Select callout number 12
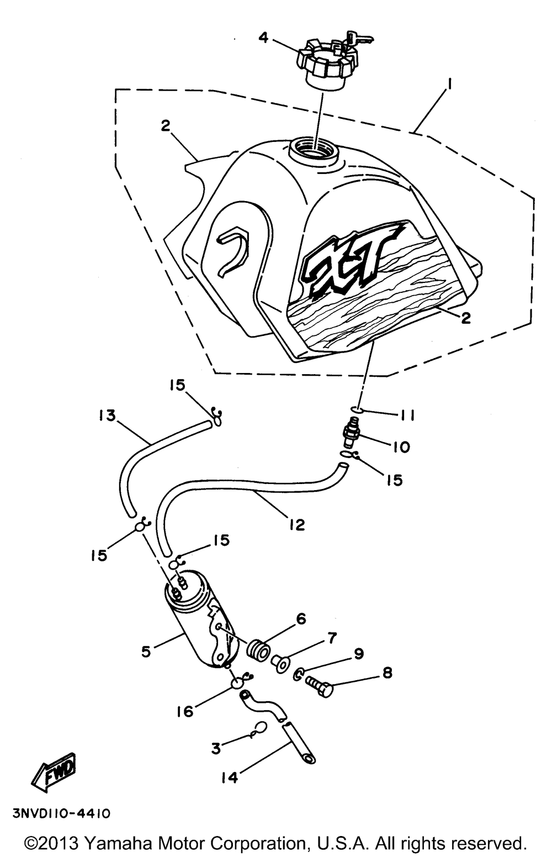[297, 524]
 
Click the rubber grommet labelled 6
[261, 650]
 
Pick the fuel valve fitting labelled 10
[351, 432]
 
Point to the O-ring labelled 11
[355, 409]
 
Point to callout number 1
[449, 83]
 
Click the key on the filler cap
[359, 38]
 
